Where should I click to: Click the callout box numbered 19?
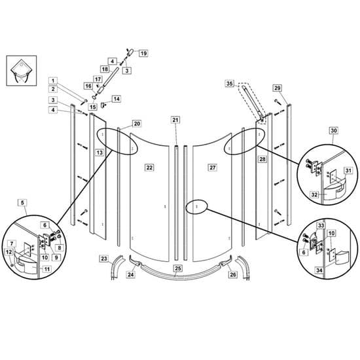coord(143,53)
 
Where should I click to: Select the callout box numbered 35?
coord(230,83)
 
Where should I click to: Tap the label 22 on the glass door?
coord(149,168)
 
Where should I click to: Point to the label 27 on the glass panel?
coord(213,168)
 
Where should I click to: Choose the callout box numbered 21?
coord(175,120)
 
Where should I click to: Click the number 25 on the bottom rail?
coord(178,268)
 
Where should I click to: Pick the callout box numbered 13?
coord(99,153)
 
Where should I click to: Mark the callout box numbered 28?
coord(262,159)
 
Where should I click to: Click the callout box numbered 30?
coord(334,130)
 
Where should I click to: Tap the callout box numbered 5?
coord(22,203)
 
